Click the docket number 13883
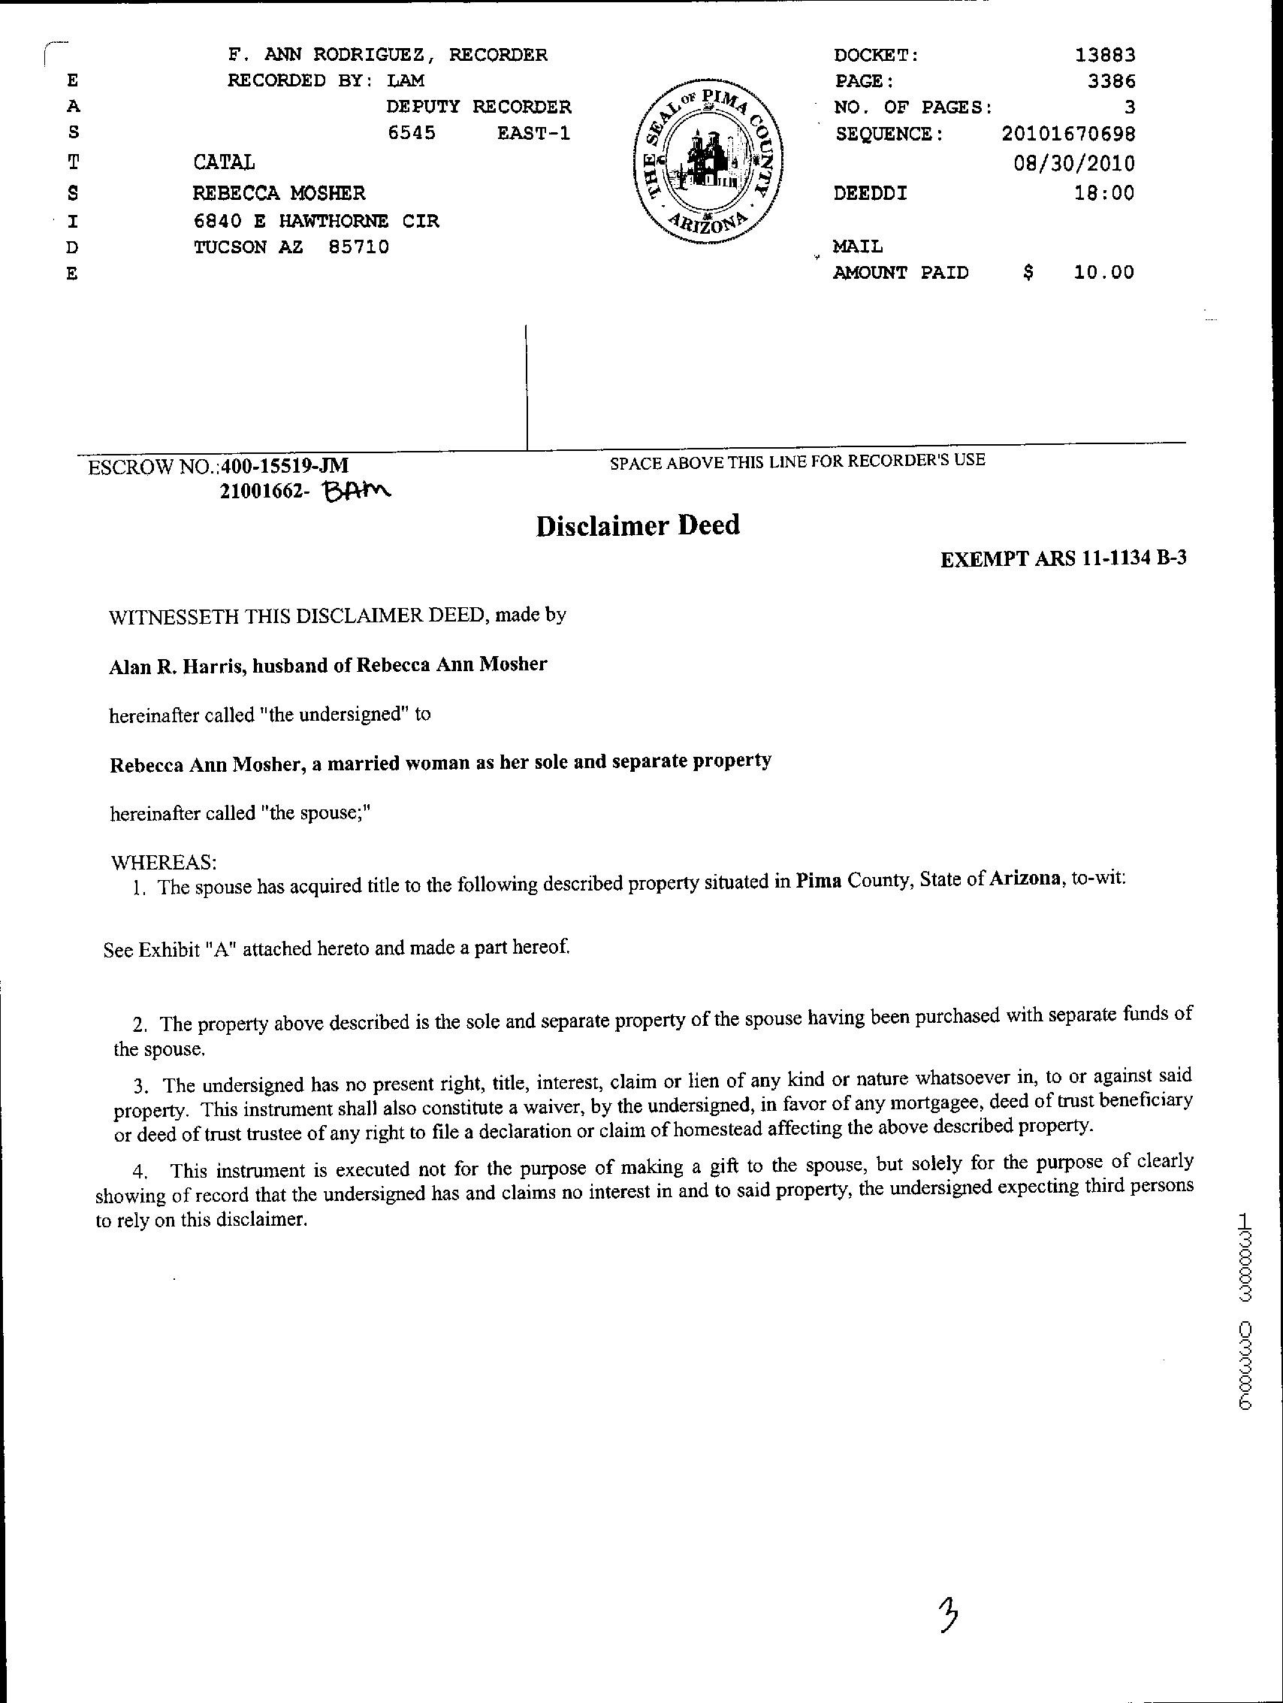[x=1105, y=56]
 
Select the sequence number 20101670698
[x=1068, y=135]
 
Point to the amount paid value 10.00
[x=1104, y=273]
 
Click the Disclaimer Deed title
[x=638, y=526]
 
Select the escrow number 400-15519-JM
[x=285, y=466]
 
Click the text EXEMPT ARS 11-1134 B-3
[x=1063, y=559]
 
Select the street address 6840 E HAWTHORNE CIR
[x=315, y=222]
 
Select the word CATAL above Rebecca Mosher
[x=223, y=162]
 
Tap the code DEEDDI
[x=871, y=193]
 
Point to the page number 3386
[x=1112, y=82]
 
